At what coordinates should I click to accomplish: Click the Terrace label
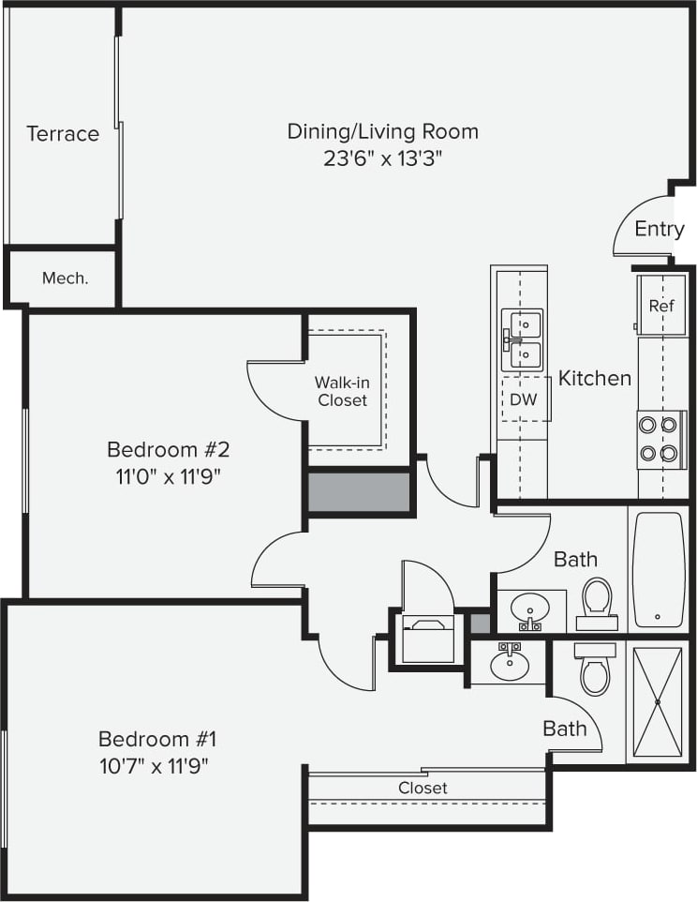pos(63,133)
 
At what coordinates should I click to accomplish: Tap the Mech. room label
pos(66,278)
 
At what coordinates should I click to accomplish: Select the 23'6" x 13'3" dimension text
pos(382,158)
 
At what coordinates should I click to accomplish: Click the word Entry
pos(660,229)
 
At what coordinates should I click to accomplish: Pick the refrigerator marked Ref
pos(661,305)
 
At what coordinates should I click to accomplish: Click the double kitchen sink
pos(522,338)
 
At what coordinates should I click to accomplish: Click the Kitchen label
pos(595,378)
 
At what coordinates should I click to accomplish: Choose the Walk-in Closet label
pos(341,391)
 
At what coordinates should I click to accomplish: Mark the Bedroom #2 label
pos(169,448)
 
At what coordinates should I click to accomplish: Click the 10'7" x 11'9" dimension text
pos(154,765)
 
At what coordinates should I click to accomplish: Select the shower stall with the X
pos(658,701)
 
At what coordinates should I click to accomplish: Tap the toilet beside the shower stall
pos(595,669)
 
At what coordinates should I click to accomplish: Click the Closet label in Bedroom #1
pos(423,788)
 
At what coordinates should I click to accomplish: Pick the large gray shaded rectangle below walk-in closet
pos(360,492)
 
